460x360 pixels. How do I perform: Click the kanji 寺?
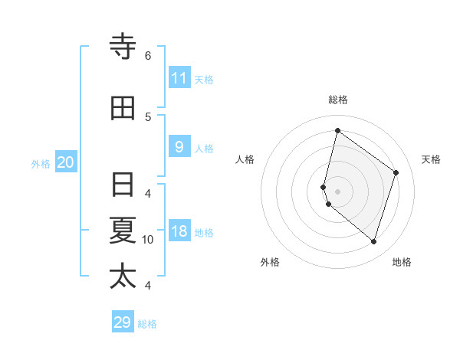[x=123, y=48]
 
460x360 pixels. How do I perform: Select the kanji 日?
[x=123, y=185]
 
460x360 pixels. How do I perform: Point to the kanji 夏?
[x=123, y=231]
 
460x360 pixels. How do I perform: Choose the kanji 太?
[x=123, y=276]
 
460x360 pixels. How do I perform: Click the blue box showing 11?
[x=179, y=78]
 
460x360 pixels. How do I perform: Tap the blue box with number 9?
[x=179, y=147]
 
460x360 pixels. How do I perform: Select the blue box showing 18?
[x=179, y=232]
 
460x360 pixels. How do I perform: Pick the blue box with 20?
[x=66, y=162]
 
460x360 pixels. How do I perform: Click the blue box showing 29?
[x=123, y=322]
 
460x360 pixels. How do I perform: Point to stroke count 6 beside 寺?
[x=148, y=55]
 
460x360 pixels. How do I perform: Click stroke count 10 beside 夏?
[x=148, y=240]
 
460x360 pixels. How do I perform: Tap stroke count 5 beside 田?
[x=148, y=116]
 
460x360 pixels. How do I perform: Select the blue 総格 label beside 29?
[x=147, y=324]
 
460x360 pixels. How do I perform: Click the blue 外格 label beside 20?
[x=41, y=164]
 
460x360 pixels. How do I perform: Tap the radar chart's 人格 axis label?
[x=245, y=159]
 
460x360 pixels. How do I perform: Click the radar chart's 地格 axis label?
[x=402, y=262]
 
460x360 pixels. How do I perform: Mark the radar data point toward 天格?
[x=396, y=172]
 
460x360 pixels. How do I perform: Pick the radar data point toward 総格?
[x=337, y=130]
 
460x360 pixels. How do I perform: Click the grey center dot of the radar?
[x=337, y=191]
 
